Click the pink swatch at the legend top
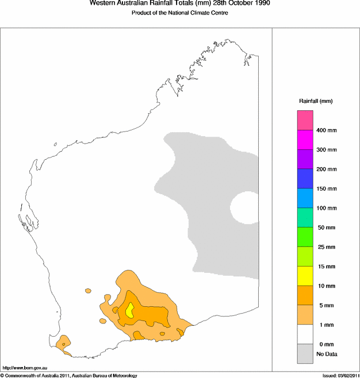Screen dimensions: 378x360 (305, 120)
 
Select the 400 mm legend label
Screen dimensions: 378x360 (326, 130)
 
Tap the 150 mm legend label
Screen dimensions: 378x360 (326, 188)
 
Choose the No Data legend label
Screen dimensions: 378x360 (327, 354)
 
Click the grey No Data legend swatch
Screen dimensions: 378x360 (305, 353)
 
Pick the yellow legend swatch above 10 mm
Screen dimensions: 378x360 (305, 276)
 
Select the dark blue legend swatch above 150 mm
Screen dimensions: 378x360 (305, 179)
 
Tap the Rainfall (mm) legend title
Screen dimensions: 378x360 (315, 101)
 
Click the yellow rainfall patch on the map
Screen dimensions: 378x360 (130, 310)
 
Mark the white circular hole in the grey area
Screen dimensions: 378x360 (246, 207)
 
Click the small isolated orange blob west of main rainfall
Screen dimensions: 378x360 (88, 291)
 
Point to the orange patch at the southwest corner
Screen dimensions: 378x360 (63, 342)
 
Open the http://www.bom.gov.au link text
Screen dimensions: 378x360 (25, 367)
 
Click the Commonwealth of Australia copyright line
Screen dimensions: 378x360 (69, 375)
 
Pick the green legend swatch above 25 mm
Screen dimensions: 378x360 (305, 237)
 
